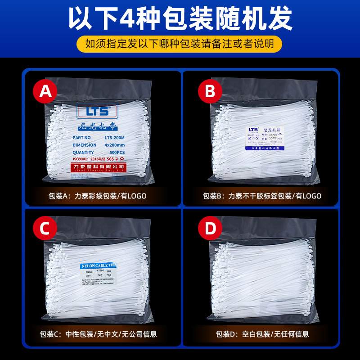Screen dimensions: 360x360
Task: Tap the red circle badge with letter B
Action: point(210,92)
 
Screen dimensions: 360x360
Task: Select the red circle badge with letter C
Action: point(44,229)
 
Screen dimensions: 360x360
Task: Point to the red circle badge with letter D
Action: point(210,229)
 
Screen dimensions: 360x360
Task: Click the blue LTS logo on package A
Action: point(96,110)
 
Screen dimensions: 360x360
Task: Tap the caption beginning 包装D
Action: point(262,334)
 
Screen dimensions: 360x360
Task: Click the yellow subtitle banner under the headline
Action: point(180,44)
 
